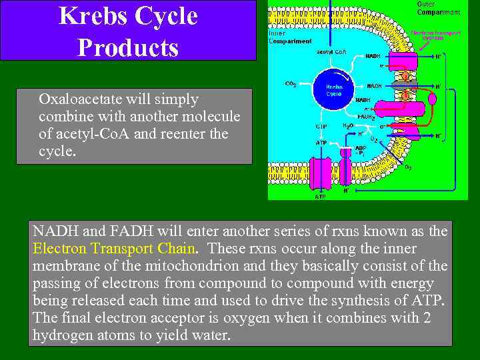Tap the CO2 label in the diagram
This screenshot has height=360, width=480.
[x=291, y=84]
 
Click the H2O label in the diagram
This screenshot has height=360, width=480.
[x=347, y=125]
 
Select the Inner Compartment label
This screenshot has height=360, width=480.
[x=289, y=37]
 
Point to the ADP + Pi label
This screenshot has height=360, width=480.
[x=361, y=150]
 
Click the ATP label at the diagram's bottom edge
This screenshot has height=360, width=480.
[x=321, y=197]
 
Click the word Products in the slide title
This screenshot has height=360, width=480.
[x=127, y=47]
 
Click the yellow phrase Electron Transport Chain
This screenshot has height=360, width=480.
[x=114, y=249]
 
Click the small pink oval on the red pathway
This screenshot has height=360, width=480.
[x=432, y=98]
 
